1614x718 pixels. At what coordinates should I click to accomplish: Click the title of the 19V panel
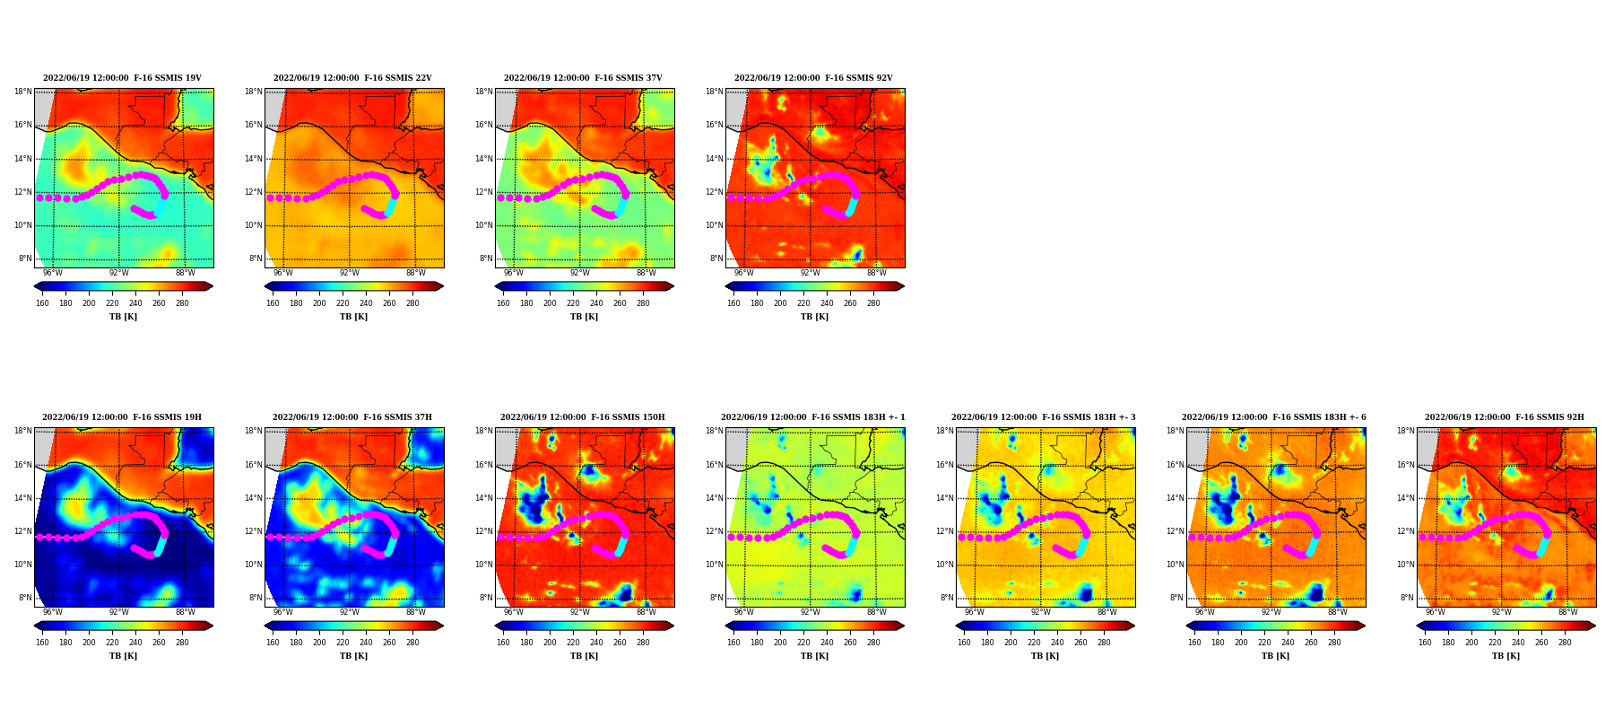point(122,78)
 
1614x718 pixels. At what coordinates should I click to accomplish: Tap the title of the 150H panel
point(583,417)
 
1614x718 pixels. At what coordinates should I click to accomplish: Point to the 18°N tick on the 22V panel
point(254,92)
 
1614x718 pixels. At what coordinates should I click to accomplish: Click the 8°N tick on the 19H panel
point(25,598)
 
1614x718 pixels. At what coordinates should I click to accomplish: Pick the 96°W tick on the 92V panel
point(744,273)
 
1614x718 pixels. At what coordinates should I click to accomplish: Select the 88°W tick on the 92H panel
point(1568,612)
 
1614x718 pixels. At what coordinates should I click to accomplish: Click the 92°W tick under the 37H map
point(350,612)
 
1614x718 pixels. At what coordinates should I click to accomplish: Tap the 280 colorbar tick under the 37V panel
point(643,303)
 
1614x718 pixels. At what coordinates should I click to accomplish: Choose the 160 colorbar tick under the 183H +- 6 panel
point(1194,643)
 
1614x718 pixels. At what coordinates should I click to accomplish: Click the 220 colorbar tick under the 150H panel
point(573,643)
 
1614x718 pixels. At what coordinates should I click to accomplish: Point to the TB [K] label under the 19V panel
point(124,317)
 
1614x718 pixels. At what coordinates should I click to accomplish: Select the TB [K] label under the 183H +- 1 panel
point(815,656)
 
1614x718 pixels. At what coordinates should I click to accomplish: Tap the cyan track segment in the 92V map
point(850,206)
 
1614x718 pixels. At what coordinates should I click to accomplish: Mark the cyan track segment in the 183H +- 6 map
point(1310,546)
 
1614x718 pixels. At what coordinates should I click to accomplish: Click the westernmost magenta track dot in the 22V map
point(270,197)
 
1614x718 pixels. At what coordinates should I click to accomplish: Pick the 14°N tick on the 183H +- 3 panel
point(945,498)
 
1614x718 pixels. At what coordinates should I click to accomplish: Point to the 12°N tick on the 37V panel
point(484,192)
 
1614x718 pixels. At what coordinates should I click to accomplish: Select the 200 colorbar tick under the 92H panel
point(1471,643)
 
